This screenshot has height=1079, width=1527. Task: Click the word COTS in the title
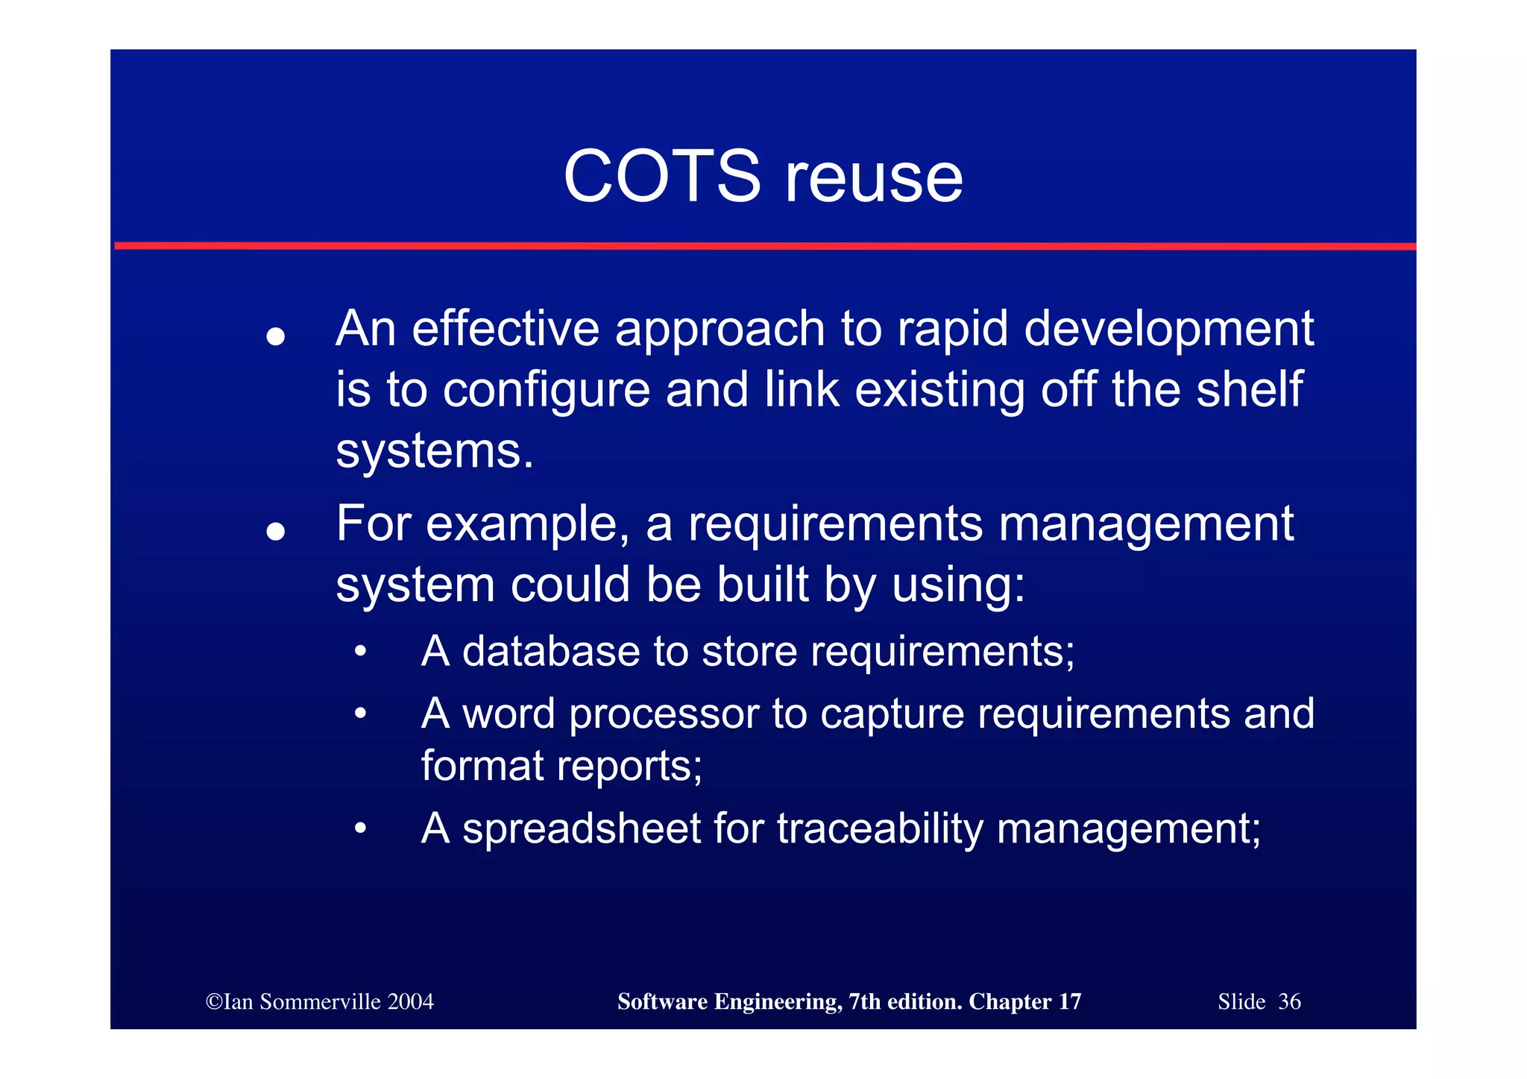tap(661, 177)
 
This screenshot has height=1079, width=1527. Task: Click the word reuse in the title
tap(874, 178)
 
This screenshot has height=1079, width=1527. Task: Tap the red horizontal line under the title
tap(763, 245)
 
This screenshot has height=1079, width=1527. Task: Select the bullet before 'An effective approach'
tap(276, 336)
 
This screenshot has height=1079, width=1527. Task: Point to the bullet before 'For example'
tap(276, 531)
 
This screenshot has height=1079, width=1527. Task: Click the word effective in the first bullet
tap(506, 329)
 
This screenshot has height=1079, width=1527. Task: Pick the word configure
tap(547, 391)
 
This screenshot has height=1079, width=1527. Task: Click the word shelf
tap(1249, 389)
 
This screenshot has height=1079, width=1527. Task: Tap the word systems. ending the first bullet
tap(434, 452)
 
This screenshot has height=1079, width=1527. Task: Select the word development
tap(1168, 329)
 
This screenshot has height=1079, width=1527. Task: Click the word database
tap(551, 651)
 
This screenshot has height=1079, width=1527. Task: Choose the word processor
tap(664, 714)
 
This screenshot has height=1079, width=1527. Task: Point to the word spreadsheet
tap(581, 828)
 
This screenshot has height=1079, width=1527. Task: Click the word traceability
tap(880, 828)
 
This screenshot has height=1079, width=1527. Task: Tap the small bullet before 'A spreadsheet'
tap(361, 828)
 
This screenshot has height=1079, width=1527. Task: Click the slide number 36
tap(1289, 1001)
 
